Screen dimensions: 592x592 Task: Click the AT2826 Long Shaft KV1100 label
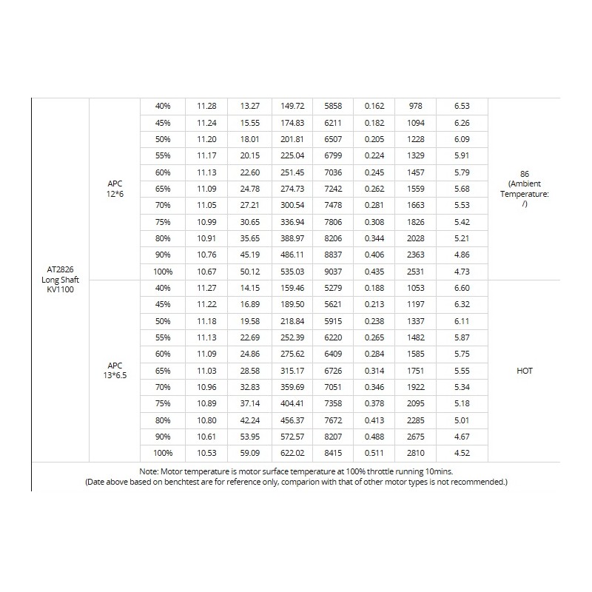coord(60,280)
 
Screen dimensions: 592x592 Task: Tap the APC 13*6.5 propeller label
coord(115,370)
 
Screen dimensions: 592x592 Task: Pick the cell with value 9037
coord(333,272)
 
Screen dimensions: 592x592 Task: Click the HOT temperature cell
coord(525,370)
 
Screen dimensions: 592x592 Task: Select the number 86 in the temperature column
coord(525,172)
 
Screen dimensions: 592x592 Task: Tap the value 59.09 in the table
coord(249,453)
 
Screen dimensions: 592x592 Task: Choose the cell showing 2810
coord(416,453)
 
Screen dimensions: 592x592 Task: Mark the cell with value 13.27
coord(249,107)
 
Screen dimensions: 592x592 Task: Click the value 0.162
coord(374,107)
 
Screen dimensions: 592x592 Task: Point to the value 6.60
coord(461,288)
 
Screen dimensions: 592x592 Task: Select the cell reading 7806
coord(333,222)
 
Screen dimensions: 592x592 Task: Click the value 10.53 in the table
coord(206,453)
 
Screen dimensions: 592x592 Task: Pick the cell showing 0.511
coord(374,453)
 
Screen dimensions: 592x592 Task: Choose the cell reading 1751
coord(416,370)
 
